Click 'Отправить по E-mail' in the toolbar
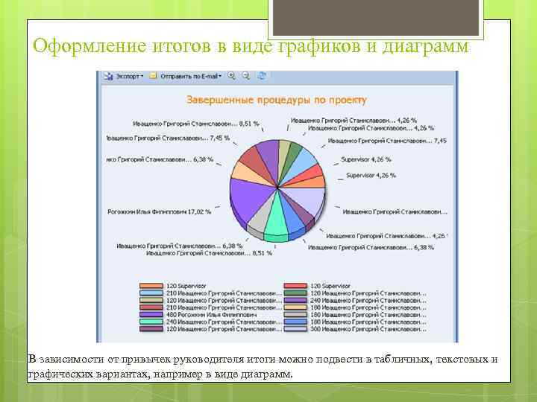coord(186,76)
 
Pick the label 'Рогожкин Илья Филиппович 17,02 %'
coord(158,211)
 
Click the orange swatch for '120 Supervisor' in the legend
coord(150,285)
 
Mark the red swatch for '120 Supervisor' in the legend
coord(296,285)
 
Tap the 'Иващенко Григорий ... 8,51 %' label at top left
coord(195,124)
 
